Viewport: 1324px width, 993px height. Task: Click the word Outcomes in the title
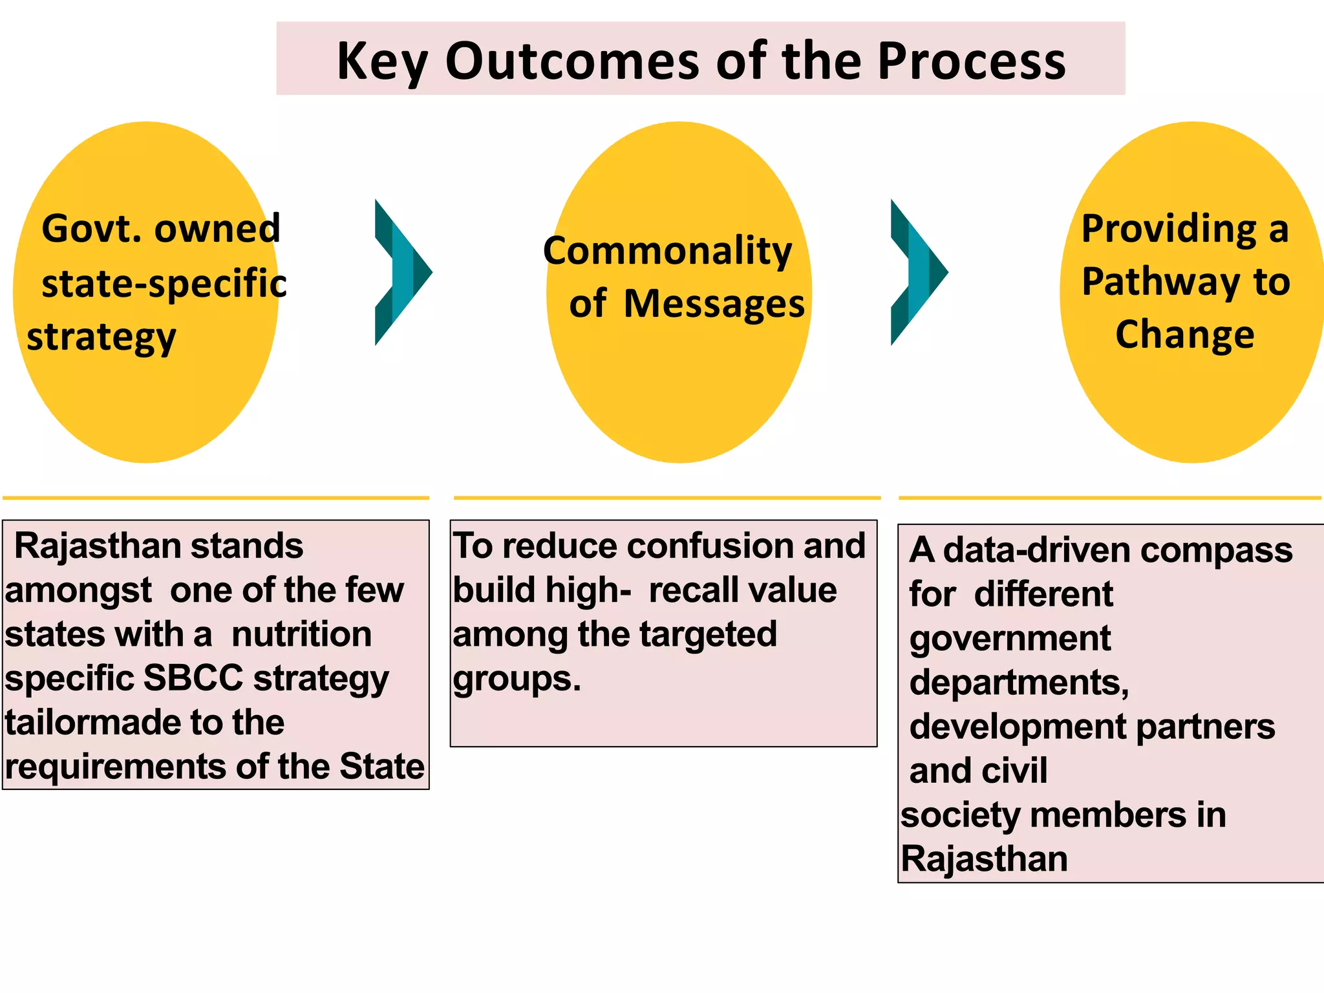(572, 61)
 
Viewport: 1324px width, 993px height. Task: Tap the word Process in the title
(970, 61)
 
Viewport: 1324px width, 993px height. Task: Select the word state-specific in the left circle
(164, 283)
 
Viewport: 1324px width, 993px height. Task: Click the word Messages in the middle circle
(714, 304)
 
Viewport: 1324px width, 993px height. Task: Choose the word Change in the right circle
(1184, 335)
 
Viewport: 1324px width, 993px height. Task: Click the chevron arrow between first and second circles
(402, 272)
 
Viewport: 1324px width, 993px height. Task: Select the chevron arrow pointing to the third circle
(918, 272)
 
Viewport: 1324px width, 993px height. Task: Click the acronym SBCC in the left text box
(193, 678)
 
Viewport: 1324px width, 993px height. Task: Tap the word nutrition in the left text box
(301, 634)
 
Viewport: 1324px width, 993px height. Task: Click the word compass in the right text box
(1216, 551)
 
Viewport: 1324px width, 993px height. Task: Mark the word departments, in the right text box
(1018, 683)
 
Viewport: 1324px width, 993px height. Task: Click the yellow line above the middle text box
(667, 498)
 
